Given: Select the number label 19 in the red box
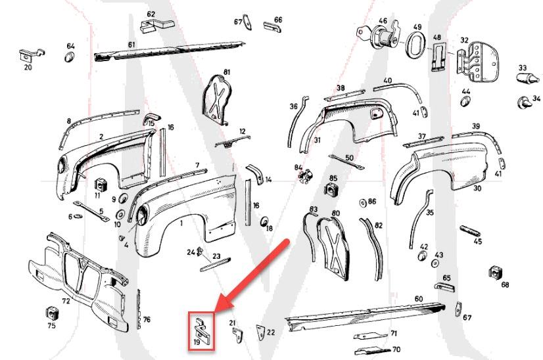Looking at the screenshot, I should click(197, 342).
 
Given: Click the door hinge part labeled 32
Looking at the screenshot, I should click(479, 59).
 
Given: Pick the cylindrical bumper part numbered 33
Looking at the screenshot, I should click(526, 79).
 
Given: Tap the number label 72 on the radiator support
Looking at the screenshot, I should click(66, 300).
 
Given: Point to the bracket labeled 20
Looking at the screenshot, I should click(30, 55).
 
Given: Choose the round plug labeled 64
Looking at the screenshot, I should click(70, 59).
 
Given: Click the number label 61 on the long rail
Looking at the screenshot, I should click(131, 45).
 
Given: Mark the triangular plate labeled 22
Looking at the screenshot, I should click(262, 332).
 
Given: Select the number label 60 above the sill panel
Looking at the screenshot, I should click(418, 299).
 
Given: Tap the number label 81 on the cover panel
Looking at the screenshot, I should click(227, 71).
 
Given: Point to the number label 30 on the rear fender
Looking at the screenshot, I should click(477, 189).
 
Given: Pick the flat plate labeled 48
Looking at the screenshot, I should click(438, 55).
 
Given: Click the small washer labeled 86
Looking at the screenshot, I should click(362, 202).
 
